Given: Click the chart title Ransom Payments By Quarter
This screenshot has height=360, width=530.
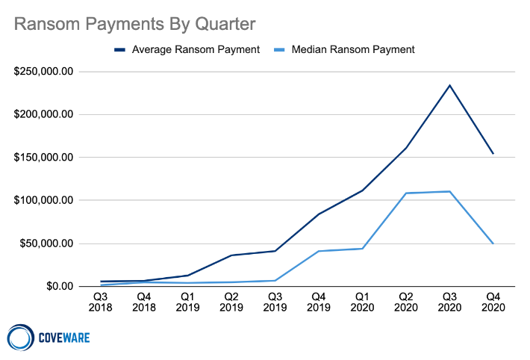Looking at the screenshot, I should (x=135, y=24).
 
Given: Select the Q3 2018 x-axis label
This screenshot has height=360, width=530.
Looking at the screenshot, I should (x=100, y=301).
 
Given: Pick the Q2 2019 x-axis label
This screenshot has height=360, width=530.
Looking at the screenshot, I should (x=231, y=301).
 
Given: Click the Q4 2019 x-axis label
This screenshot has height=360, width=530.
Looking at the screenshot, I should (x=318, y=301).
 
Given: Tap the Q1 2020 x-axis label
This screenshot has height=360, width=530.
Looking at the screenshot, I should (x=362, y=301).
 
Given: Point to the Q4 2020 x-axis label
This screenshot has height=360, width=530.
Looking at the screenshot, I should (x=493, y=301).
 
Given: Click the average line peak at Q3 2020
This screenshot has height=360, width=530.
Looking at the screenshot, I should (x=449, y=85).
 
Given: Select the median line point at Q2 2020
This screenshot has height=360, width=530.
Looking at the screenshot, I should (x=406, y=193).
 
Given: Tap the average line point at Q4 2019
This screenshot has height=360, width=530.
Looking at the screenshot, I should (x=319, y=214).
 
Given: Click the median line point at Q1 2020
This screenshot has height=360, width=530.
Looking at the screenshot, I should (x=362, y=249).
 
